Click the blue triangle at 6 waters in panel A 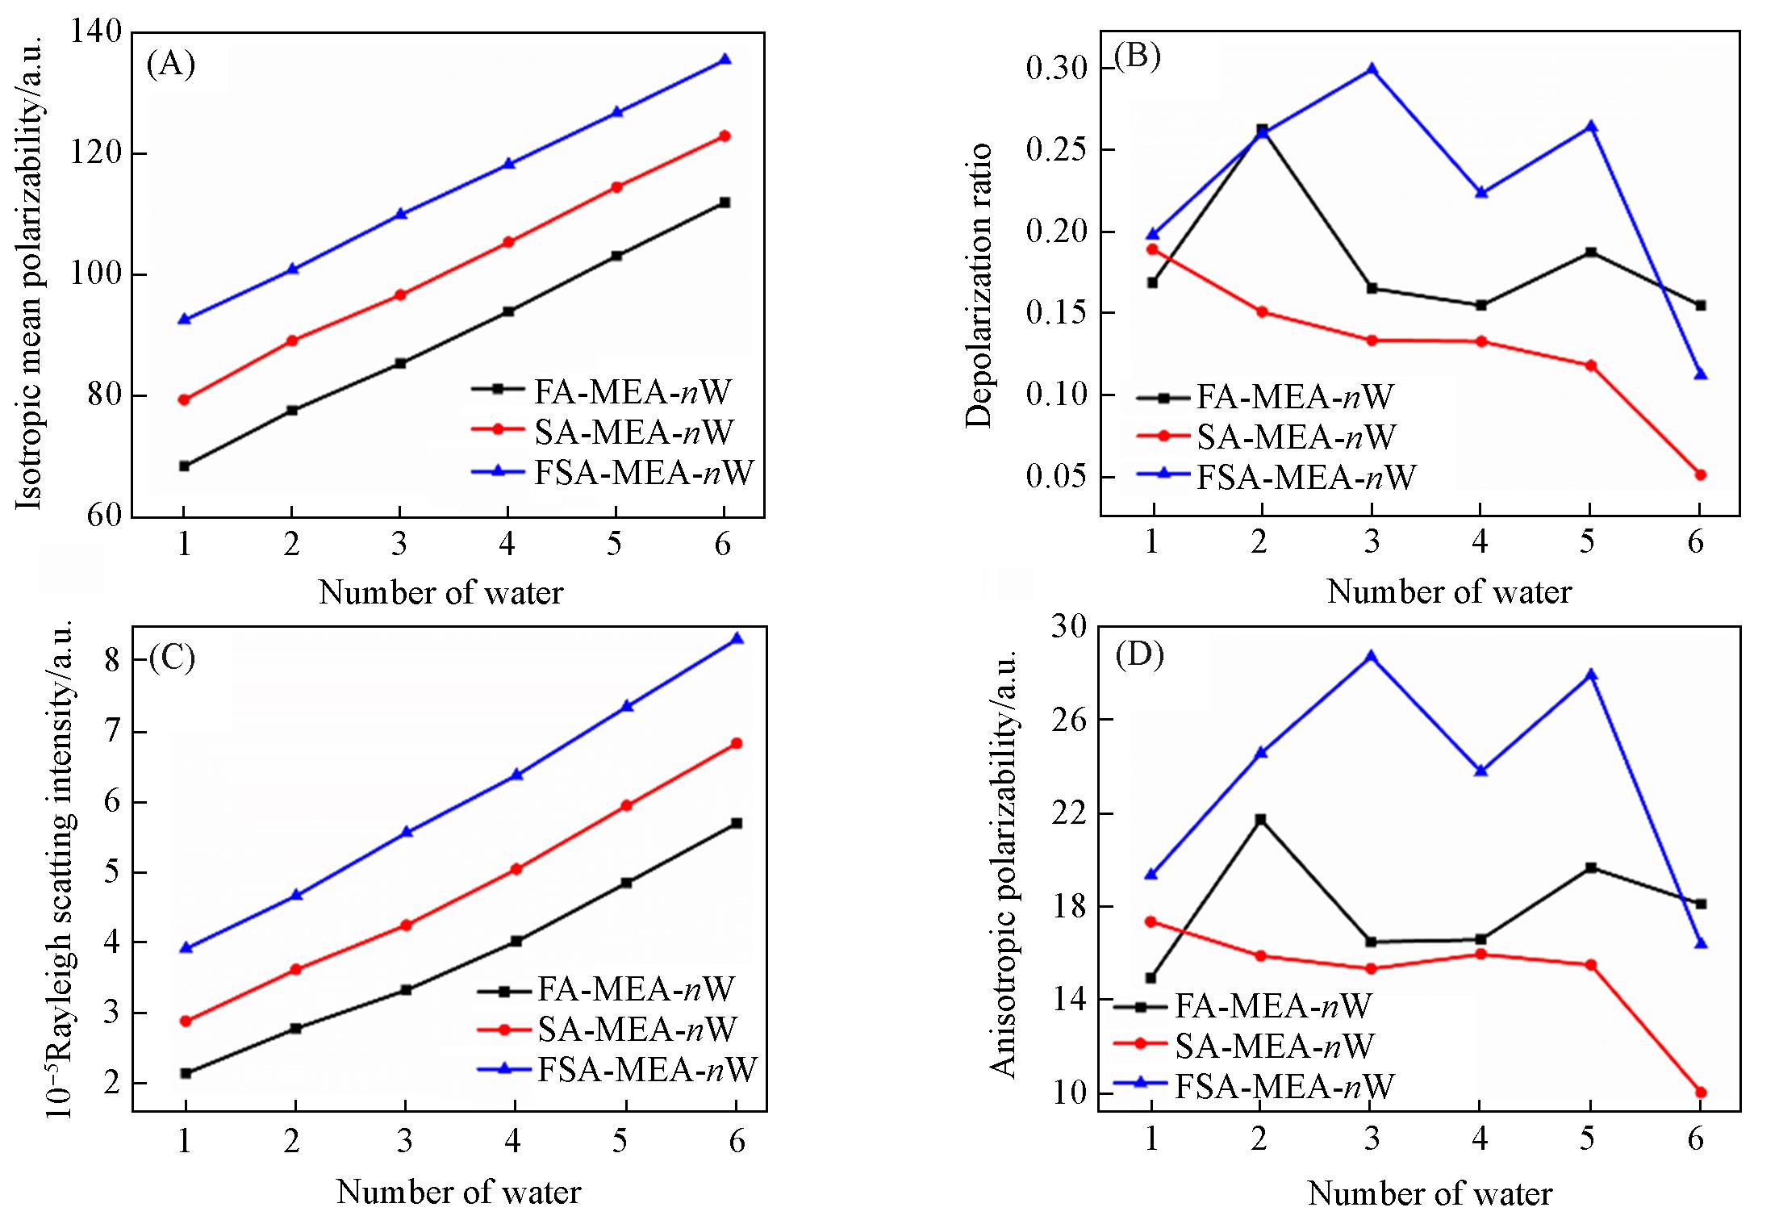(725, 59)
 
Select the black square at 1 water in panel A (184, 466)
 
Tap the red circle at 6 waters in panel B (1700, 474)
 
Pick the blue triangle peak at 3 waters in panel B (1372, 69)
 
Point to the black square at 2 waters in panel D (1261, 820)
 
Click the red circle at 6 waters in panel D (1700, 1093)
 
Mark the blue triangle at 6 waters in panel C (736, 639)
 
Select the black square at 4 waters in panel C (516, 941)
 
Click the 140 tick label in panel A (95, 34)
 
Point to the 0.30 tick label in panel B (1056, 69)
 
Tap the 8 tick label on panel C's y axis (111, 662)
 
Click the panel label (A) (170, 63)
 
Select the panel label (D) (1139, 656)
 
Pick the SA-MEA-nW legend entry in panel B (1294, 437)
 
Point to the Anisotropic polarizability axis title (1003, 863)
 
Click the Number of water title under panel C (458, 1192)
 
